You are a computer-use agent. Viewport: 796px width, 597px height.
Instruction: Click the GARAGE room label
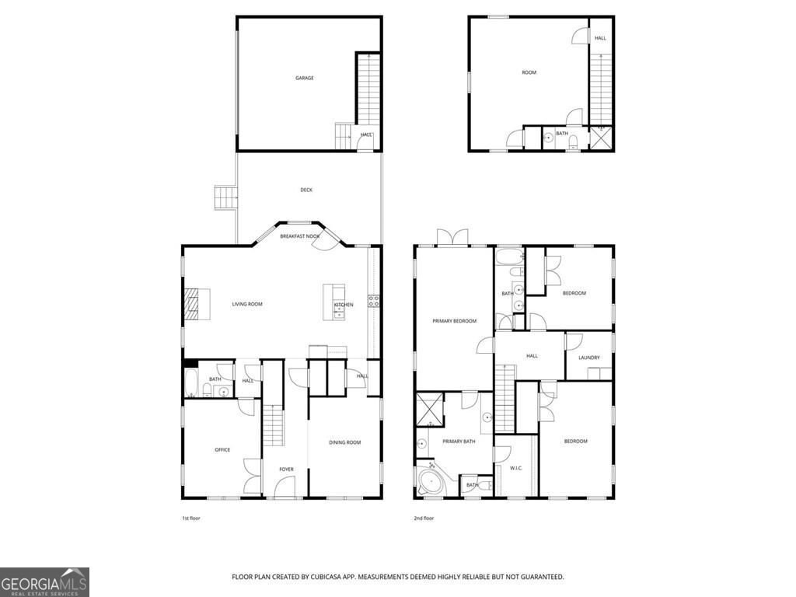pos(304,78)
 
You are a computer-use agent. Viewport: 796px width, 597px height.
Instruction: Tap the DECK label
pos(306,190)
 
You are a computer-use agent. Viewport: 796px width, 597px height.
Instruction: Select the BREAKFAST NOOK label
pos(300,236)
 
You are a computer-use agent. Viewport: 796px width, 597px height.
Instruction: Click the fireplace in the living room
pos(191,304)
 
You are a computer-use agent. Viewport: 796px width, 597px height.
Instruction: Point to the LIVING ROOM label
pos(247,304)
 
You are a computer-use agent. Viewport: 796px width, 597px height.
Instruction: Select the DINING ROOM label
pos(345,442)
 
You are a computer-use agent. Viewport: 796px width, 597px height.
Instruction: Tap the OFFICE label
pos(222,449)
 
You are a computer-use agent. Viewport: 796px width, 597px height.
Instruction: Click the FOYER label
pos(287,469)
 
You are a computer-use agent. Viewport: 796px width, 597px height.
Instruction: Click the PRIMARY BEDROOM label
pos(454,320)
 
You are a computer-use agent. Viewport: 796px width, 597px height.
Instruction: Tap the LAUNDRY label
pos(589,358)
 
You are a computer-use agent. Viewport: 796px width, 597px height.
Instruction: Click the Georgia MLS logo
pos(44,581)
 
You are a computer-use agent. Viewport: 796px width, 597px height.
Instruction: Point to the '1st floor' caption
pos(190,518)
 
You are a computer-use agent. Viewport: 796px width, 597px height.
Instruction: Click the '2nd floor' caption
pos(424,518)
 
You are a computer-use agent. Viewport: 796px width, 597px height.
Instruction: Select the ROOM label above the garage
pos(529,72)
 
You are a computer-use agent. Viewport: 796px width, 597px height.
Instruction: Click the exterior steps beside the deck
pos(225,197)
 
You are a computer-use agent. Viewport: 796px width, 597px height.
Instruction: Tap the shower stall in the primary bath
pos(429,409)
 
